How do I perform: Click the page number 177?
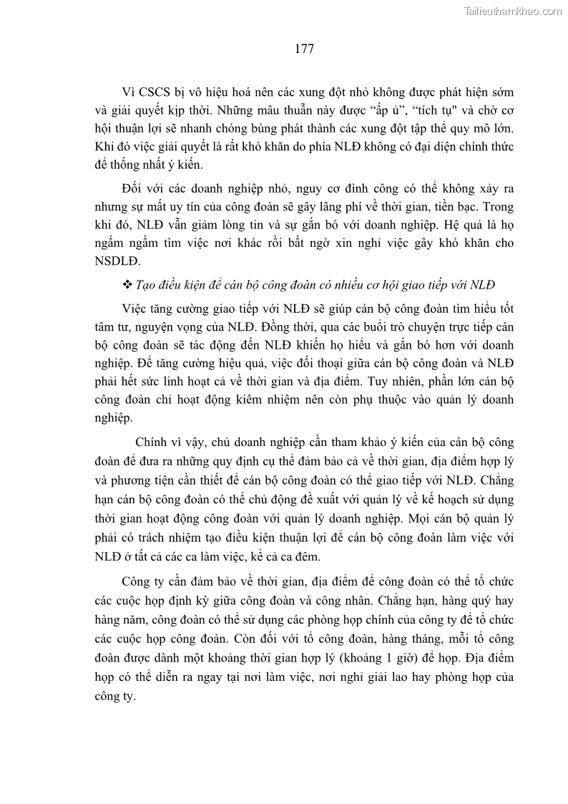pyautogui.click(x=304, y=49)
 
